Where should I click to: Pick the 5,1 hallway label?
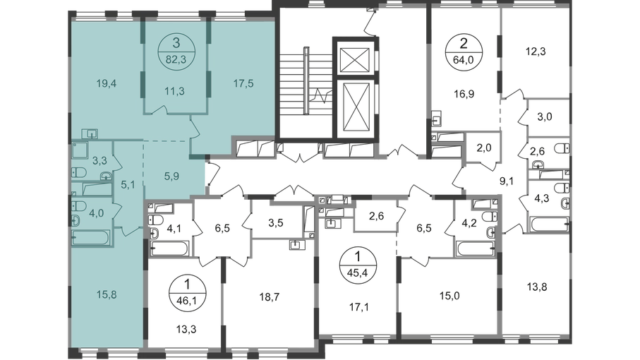[x=127, y=187]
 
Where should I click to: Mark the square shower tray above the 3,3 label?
[x=79, y=150]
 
